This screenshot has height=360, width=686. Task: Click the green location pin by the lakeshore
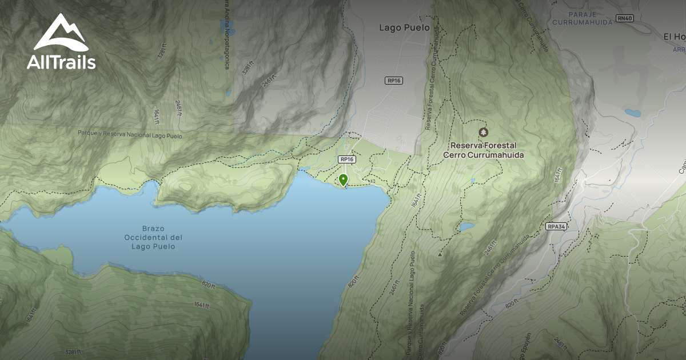[343, 180]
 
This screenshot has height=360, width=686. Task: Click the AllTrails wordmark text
[61, 62]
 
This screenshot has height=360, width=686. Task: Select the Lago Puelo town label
[404, 27]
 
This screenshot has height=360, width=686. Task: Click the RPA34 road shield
[556, 226]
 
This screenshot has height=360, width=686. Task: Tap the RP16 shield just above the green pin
[346, 159]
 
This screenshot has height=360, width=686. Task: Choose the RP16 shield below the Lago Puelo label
[394, 81]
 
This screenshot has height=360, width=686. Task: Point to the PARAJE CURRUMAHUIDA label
[576, 18]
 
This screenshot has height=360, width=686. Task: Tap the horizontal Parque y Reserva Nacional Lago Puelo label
[130, 135]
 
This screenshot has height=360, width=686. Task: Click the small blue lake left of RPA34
[466, 227]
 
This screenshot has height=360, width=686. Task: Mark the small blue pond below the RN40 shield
[632, 113]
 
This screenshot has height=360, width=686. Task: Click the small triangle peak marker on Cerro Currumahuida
[439, 254]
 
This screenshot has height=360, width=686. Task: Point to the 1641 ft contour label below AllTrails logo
[155, 116]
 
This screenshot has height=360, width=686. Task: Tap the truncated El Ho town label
[674, 37]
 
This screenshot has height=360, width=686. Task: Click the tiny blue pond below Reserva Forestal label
[473, 181]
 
